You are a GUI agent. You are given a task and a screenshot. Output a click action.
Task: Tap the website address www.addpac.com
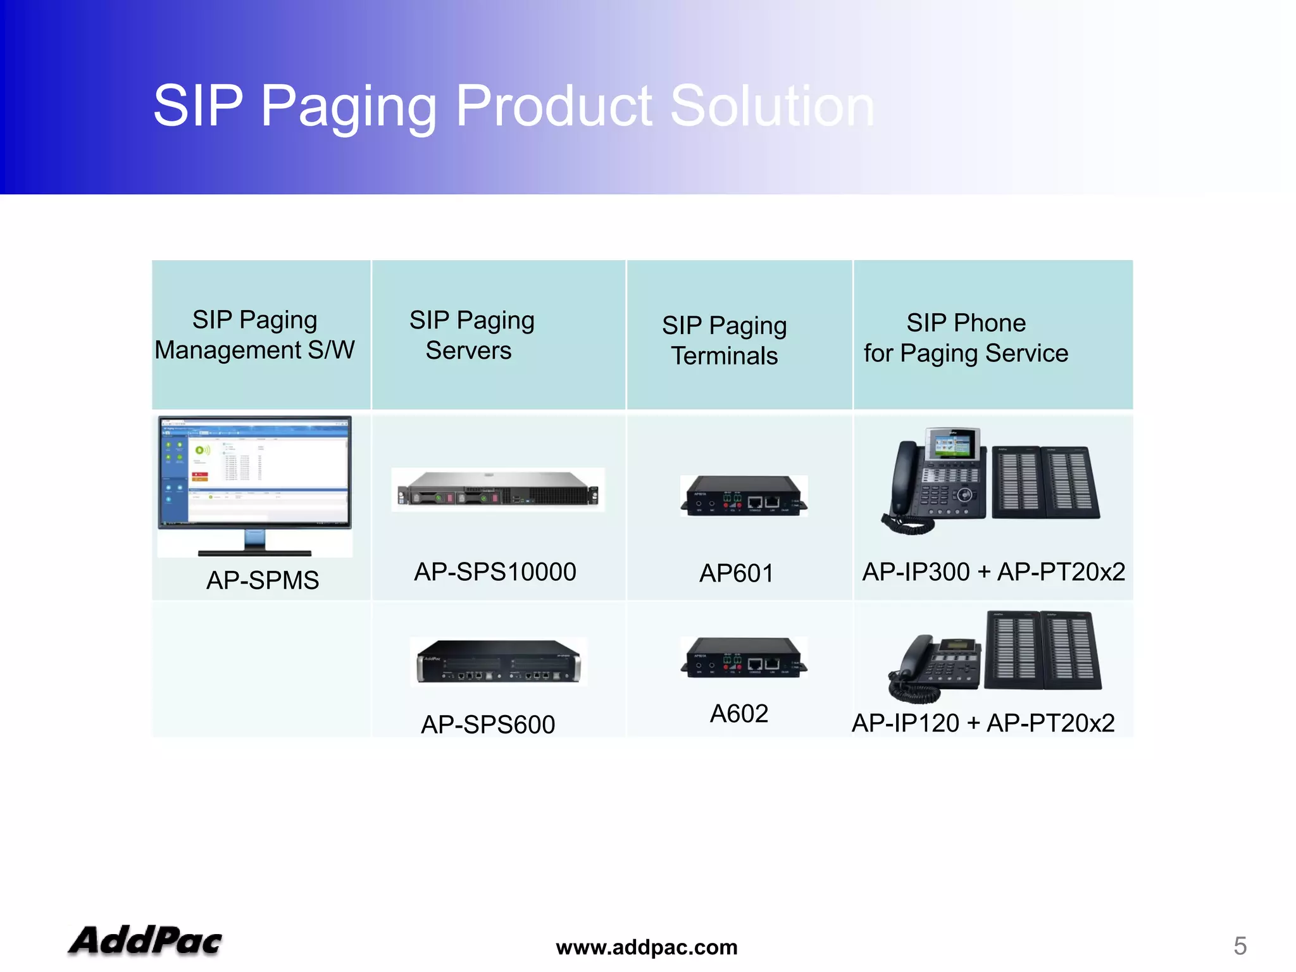(x=646, y=947)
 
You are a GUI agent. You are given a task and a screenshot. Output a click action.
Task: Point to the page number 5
(x=1240, y=946)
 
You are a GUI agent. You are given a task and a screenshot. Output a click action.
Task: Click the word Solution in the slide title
(x=771, y=106)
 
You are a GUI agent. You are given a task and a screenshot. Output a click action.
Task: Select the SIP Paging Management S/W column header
(x=254, y=335)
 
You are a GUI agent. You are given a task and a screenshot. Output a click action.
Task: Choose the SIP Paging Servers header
(x=471, y=335)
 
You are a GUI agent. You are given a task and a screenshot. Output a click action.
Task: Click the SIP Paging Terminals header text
(x=724, y=340)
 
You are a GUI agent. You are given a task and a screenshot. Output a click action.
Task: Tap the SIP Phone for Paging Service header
(x=966, y=338)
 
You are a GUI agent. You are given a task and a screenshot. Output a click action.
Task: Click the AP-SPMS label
(x=263, y=580)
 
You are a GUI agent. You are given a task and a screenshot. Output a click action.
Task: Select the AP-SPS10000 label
(x=495, y=572)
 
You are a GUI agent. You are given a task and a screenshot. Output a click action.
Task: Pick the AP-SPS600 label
(x=488, y=725)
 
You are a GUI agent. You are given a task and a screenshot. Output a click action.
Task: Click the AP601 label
(x=736, y=573)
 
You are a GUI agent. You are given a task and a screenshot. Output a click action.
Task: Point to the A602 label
(x=738, y=714)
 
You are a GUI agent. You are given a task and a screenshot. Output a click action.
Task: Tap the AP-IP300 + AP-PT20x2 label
(x=994, y=572)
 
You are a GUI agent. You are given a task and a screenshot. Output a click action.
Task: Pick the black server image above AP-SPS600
(x=499, y=662)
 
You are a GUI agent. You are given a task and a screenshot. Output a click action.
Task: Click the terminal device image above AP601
(x=744, y=496)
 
